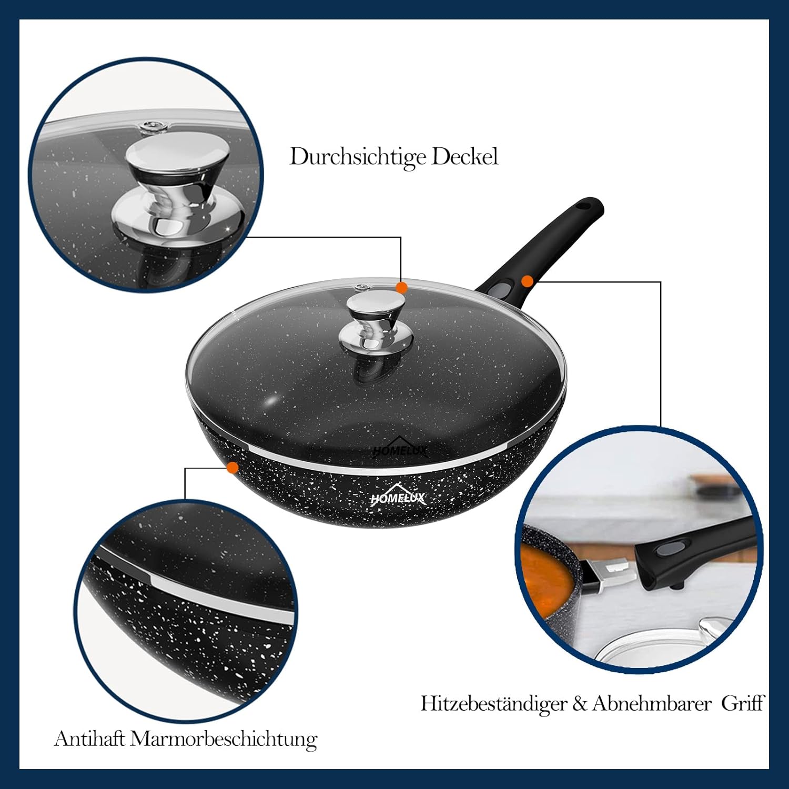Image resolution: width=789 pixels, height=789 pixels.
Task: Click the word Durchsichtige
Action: pyautogui.click(x=358, y=157)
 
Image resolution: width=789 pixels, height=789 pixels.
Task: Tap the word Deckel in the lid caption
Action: pyautogui.click(x=465, y=156)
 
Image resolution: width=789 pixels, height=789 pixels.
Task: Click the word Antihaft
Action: pyautogui.click(x=89, y=739)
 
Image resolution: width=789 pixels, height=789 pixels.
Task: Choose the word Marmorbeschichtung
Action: pyautogui.click(x=224, y=740)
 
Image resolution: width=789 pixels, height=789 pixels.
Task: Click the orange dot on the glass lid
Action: pyautogui.click(x=401, y=288)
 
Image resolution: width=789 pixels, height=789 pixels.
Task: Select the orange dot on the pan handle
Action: pyautogui.click(x=528, y=281)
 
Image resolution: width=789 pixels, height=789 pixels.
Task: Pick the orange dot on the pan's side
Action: pyautogui.click(x=232, y=468)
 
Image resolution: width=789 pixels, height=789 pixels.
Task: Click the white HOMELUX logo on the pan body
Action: pyautogui.click(x=398, y=494)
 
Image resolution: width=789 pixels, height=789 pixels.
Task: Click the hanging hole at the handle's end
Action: pyautogui.click(x=583, y=206)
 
